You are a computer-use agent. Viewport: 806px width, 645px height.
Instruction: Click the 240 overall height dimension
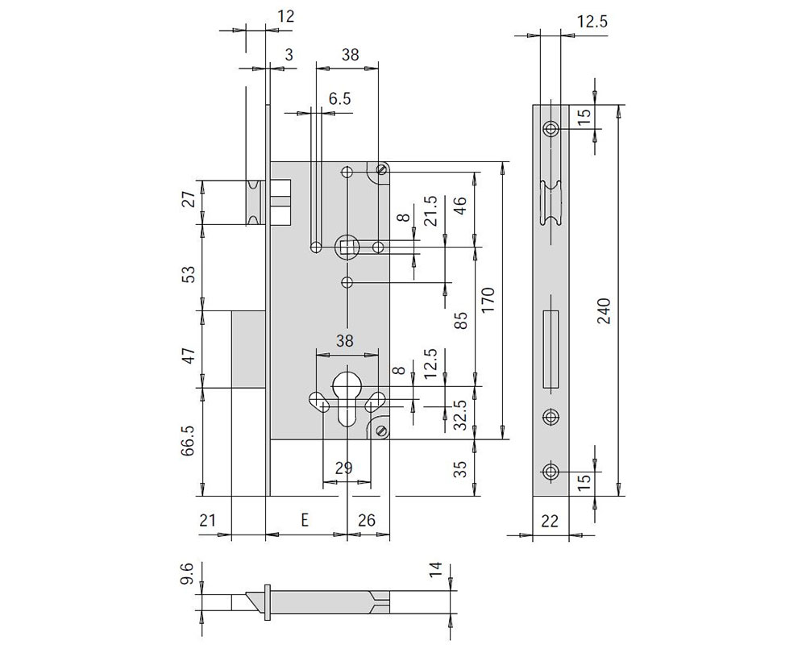pyautogui.click(x=605, y=310)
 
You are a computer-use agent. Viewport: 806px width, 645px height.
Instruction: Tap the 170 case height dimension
pyautogui.click(x=488, y=300)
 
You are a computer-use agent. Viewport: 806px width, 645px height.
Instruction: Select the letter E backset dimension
pyautogui.click(x=305, y=520)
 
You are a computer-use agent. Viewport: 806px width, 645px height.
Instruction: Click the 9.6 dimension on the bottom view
pyautogui.click(x=187, y=573)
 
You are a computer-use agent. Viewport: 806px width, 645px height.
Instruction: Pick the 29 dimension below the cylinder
pyautogui.click(x=344, y=468)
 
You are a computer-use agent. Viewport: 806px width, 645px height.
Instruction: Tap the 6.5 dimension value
pyautogui.click(x=340, y=98)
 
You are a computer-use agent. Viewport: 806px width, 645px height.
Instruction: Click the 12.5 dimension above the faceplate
pyautogui.click(x=592, y=22)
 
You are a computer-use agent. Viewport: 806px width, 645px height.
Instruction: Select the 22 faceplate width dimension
pyautogui.click(x=550, y=521)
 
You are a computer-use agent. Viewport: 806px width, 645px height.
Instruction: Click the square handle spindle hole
pyautogui.click(x=347, y=248)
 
